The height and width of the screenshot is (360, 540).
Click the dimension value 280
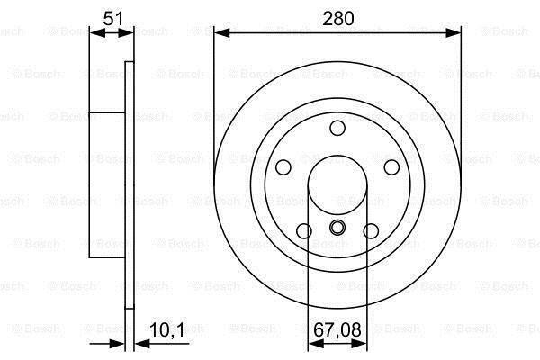tap(337, 18)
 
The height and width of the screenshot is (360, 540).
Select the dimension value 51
tap(113, 18)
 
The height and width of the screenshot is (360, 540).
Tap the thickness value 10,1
tap(167, 330)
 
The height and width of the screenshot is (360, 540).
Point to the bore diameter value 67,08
tap(337, 329)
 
